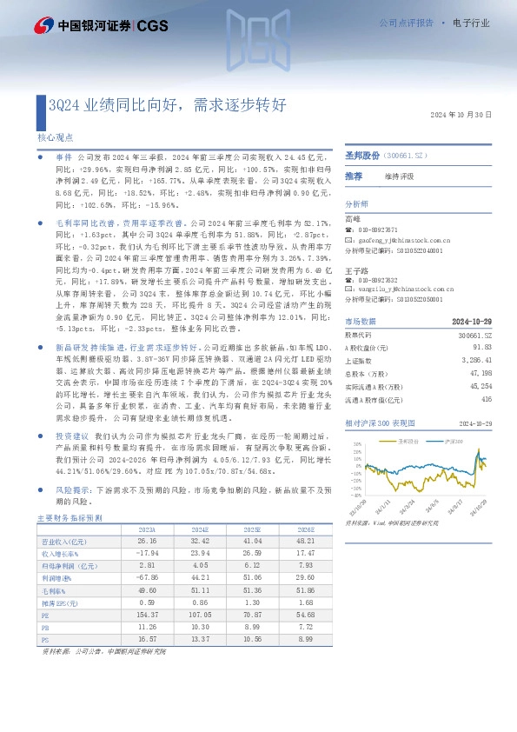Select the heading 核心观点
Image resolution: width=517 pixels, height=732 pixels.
click(x=55, y=137)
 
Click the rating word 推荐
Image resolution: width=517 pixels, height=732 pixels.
click(x=354, y=176)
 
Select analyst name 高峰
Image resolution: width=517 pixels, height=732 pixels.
click(x=352, y=219)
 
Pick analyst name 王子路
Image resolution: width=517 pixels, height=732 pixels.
click(x=354, y=270)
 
